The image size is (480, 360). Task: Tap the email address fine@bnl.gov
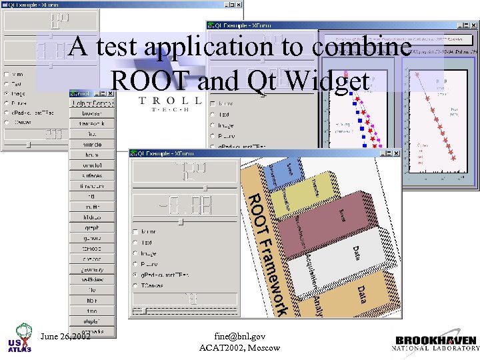coord(240,336)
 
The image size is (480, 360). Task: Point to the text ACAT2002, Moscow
coord(240,347)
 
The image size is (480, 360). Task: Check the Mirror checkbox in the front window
coord(135,231)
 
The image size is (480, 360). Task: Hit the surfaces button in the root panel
coord(92,175)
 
